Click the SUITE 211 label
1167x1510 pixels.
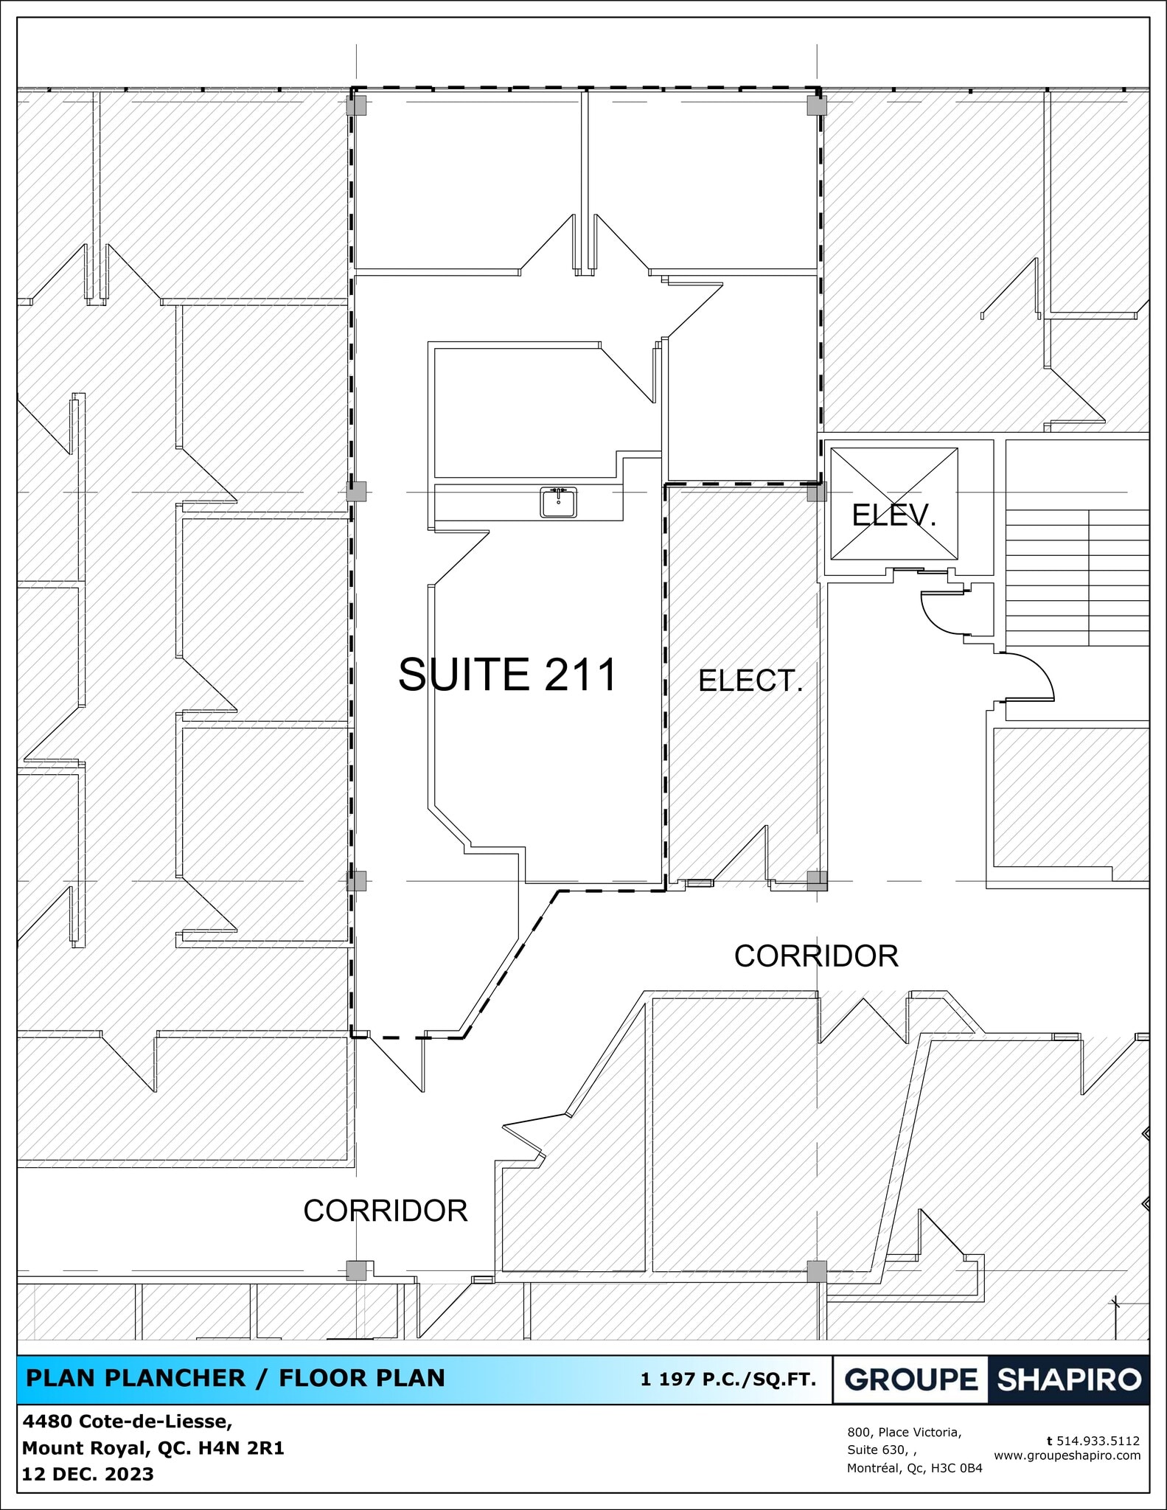(507, 675)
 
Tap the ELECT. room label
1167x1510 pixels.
(750, 681)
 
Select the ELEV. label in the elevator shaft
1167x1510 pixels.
(893, 515)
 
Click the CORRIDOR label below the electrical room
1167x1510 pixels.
(816, 956)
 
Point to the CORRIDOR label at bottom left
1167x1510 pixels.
(386, 1211)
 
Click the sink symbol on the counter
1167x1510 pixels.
(558, 502)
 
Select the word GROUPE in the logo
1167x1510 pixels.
(910, 1379)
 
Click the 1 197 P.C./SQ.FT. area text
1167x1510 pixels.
(728, 1379)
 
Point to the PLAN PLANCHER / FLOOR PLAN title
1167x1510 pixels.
(235, 1378)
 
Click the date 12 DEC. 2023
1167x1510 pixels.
(88, 1474)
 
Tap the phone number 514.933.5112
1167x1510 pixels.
(1098, 1441)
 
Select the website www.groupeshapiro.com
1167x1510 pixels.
(1067, 1455)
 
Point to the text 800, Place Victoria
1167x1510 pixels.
(904, 1432)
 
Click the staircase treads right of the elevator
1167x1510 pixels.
(1076, 575)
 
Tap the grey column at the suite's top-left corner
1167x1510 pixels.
(356, 105)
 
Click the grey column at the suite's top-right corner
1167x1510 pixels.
(816, 105)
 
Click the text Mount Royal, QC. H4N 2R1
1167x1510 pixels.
(153, 1448)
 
